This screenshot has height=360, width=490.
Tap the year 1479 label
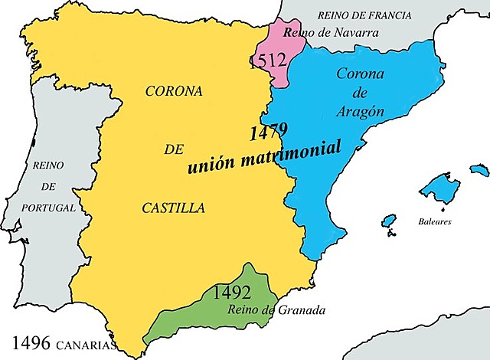(268, 132)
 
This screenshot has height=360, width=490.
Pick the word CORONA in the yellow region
(174, 90)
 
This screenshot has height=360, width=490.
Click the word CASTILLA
(173, 208)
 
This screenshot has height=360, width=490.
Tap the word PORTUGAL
(50, 208)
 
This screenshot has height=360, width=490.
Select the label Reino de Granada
(276, 310)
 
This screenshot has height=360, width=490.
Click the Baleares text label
(435, 221)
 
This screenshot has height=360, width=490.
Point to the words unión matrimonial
(264, 155)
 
